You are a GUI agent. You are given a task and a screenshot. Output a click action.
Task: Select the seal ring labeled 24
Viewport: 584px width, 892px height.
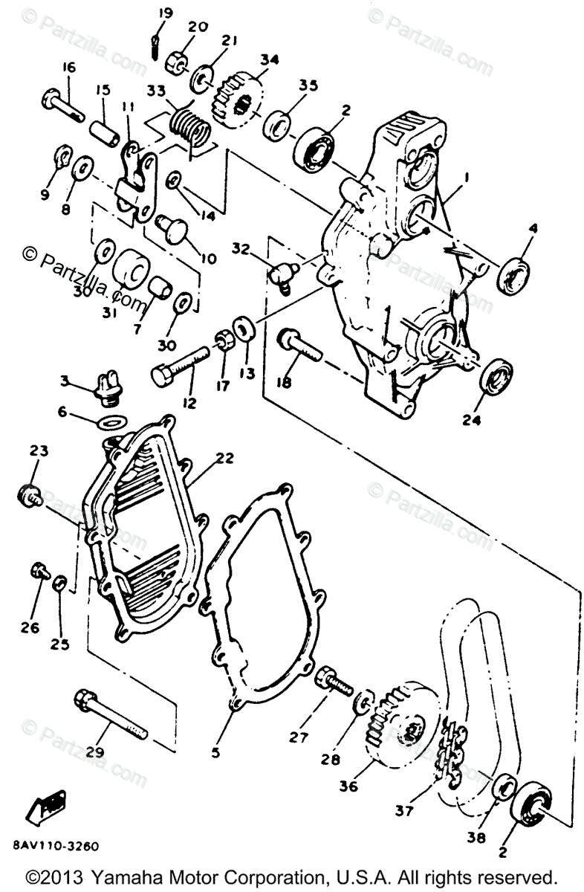click(x=493, y=377)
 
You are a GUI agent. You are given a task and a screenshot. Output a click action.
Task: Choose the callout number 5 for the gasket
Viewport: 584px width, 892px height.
click(x=215, y=753)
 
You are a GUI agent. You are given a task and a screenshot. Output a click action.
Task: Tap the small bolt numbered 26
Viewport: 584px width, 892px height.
click(x=38, y=572)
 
